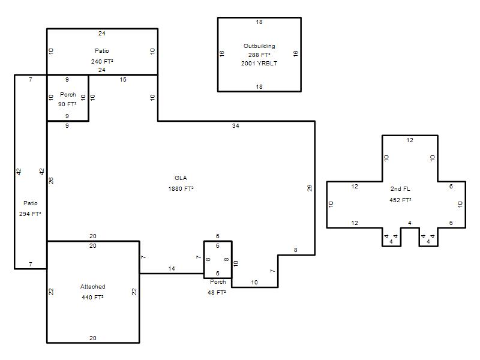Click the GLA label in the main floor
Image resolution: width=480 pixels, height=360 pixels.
pyautogui.click(x=181, y=178)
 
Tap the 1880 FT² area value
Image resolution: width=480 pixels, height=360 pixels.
pyautogui.click(x=181, y=188)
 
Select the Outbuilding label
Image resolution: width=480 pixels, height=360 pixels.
pyautogui.click(x=259, y=46)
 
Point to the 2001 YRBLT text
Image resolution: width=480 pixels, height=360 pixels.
pyautogui.click(x=259, y=64)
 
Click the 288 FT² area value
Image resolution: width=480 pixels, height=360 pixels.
pyautogui.click(x=259, y=55)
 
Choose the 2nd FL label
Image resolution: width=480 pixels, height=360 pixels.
pyautogui.click(x=400, y=189)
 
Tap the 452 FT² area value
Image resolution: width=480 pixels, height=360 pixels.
pyautogui.click(x=400, y=200)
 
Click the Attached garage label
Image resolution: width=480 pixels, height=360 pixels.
pyautogui.click(x=93, y=287)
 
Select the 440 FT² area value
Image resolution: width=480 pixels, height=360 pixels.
pyautogui.click(x=92, y=297)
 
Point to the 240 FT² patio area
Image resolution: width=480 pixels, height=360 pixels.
pyautogui.click(x=102, y=62)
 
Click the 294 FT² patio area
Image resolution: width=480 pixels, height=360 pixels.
pyautogui.click(x=30, y=214)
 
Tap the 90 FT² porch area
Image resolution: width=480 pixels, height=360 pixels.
pyautogui.click(x=67, y=104)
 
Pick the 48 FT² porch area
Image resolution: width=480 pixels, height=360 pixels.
pyautogui.click(x=217, y=292)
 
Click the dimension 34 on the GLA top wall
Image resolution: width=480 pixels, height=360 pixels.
pyautogui.click(x=236, y=126)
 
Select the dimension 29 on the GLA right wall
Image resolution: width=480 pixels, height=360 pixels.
pyautogui.click(x=310, y=188)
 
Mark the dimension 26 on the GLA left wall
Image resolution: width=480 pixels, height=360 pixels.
pyautogui.click(x=51, y=181)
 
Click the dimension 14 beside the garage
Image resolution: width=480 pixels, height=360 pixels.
pyautogui.click(x=172, y=268)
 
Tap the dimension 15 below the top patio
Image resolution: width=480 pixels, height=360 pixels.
pyautogui.click(x=123, y=80)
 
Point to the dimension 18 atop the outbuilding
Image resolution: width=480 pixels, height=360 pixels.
pyautogui.click(x=259, y=22)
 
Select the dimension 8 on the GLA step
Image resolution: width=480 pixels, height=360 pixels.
pyautogui.click(x=296, y=250)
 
